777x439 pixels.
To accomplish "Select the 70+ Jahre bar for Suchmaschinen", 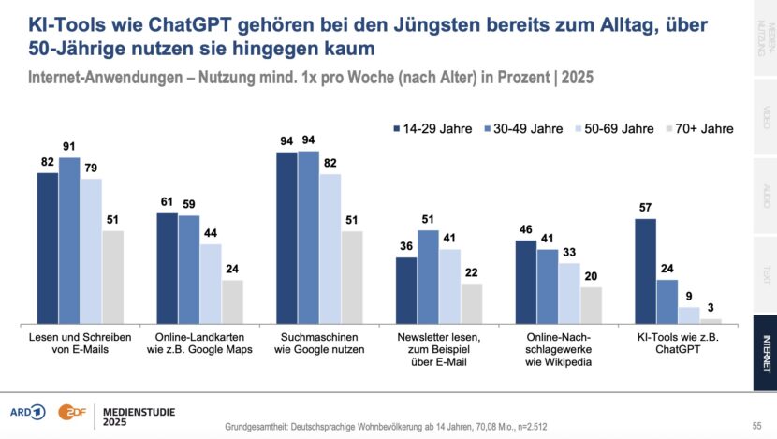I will [x=351, y=275].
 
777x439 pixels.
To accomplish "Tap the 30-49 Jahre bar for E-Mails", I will [x=69, y=239].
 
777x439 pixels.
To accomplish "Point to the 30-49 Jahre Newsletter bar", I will [x=428, y=275].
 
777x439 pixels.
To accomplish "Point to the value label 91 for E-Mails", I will [x=69, y=147].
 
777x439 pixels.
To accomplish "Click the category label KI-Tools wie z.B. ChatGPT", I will [x=667, y=342].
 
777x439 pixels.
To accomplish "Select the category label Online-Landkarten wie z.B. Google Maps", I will [x=198, y=342].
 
